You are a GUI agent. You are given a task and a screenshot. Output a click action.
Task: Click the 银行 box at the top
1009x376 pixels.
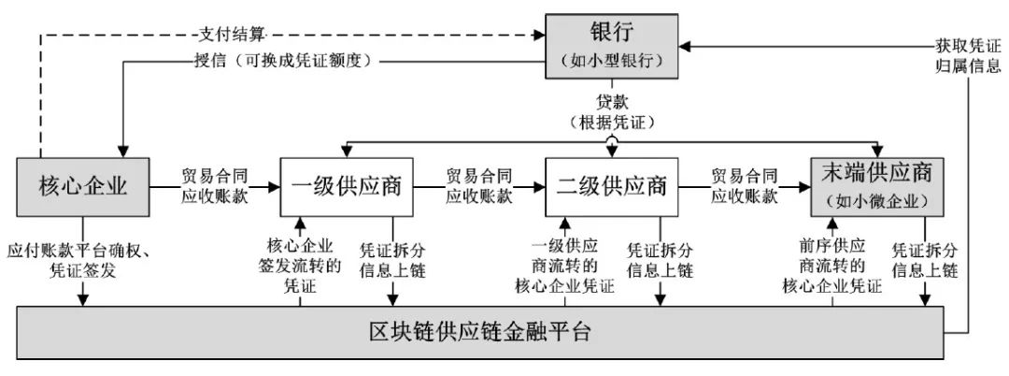(612, 46)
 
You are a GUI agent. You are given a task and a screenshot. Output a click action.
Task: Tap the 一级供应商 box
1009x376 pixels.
(347, 187)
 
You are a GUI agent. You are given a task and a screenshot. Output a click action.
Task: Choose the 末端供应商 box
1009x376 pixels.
(877, 187)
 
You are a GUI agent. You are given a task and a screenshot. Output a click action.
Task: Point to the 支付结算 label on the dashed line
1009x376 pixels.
(231, 34)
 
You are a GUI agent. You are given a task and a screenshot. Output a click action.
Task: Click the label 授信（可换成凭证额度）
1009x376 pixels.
(285, 63)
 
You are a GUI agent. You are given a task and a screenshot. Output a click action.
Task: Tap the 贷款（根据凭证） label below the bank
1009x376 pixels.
(612, 110)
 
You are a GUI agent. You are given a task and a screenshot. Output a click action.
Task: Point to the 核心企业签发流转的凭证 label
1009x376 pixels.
(299, 266)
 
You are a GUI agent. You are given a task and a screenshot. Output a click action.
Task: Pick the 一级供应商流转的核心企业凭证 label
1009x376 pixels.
(565, 266)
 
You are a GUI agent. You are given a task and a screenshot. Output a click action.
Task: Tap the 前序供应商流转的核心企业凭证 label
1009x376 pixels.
(831, 266)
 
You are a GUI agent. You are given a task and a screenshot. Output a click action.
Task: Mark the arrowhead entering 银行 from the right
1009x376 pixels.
(684, 47)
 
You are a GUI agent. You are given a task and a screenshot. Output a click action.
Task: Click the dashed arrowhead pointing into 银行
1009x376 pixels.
(540, 34)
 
